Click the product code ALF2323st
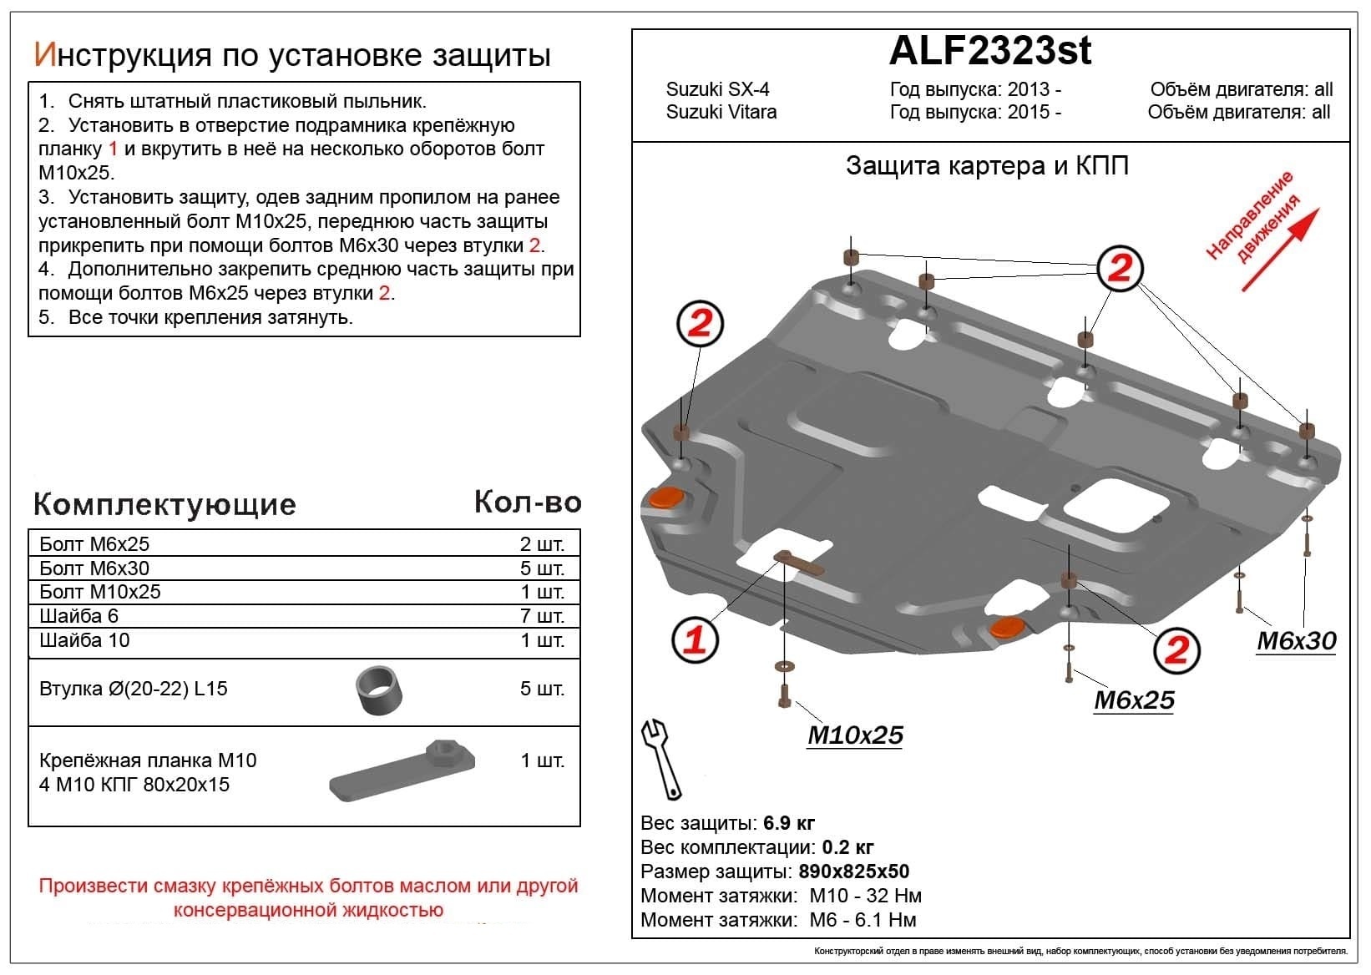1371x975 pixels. [x=989, y=52]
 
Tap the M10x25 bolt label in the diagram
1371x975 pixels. [x=854, y=735]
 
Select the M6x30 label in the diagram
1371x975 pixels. [x=1296, y=641]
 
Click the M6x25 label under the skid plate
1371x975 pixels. [x=1134, y=700]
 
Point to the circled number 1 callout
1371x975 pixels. [x=695, y=640]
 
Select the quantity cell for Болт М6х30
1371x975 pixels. [x=542, y=568]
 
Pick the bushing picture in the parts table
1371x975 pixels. [x=380, y=690]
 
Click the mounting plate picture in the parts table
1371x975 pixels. [x=402, y=770]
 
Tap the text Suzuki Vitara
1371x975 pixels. [x=721, y=112]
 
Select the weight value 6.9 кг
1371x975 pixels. [x=789, y=823]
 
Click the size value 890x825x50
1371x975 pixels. [x=853, y=871]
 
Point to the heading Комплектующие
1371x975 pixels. [x=164, y=504]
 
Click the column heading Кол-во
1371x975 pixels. [x=527, y=502]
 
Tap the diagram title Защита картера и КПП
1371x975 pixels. [x=987, y=165]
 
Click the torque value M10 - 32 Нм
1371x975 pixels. [x=865, y=896]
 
